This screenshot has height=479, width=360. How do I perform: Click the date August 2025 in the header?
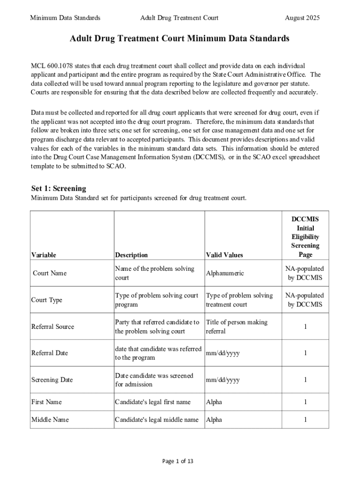point(302,18)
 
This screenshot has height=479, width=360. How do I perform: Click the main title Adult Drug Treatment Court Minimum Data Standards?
point(180,39)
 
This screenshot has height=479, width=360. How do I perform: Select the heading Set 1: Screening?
point(58,189)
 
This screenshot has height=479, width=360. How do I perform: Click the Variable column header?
point(43,255)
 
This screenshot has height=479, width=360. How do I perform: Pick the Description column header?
point(131,255)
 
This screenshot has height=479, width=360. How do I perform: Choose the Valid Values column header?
point(224,255)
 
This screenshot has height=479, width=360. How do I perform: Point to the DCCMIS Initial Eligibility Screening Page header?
point(305,237)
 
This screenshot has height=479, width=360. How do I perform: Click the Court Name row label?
point(50,273)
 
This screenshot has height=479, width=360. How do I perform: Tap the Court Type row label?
point(47,300)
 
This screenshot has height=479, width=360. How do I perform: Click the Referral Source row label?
point(52,327)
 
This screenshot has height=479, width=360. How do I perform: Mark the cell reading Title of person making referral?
point(237,327)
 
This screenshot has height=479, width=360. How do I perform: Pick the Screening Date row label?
point(52,380)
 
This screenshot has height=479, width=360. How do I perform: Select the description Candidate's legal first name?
point(153,402)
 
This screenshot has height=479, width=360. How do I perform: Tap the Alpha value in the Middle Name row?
point(214,420)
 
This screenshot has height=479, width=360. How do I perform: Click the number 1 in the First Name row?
point(305,402)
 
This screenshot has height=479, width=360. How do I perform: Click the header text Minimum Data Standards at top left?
point(65,18)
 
